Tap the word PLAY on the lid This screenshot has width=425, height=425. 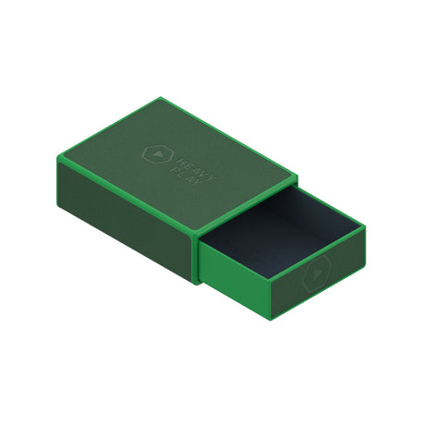coord(188,176)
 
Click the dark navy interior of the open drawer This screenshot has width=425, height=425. coord(279,229)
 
